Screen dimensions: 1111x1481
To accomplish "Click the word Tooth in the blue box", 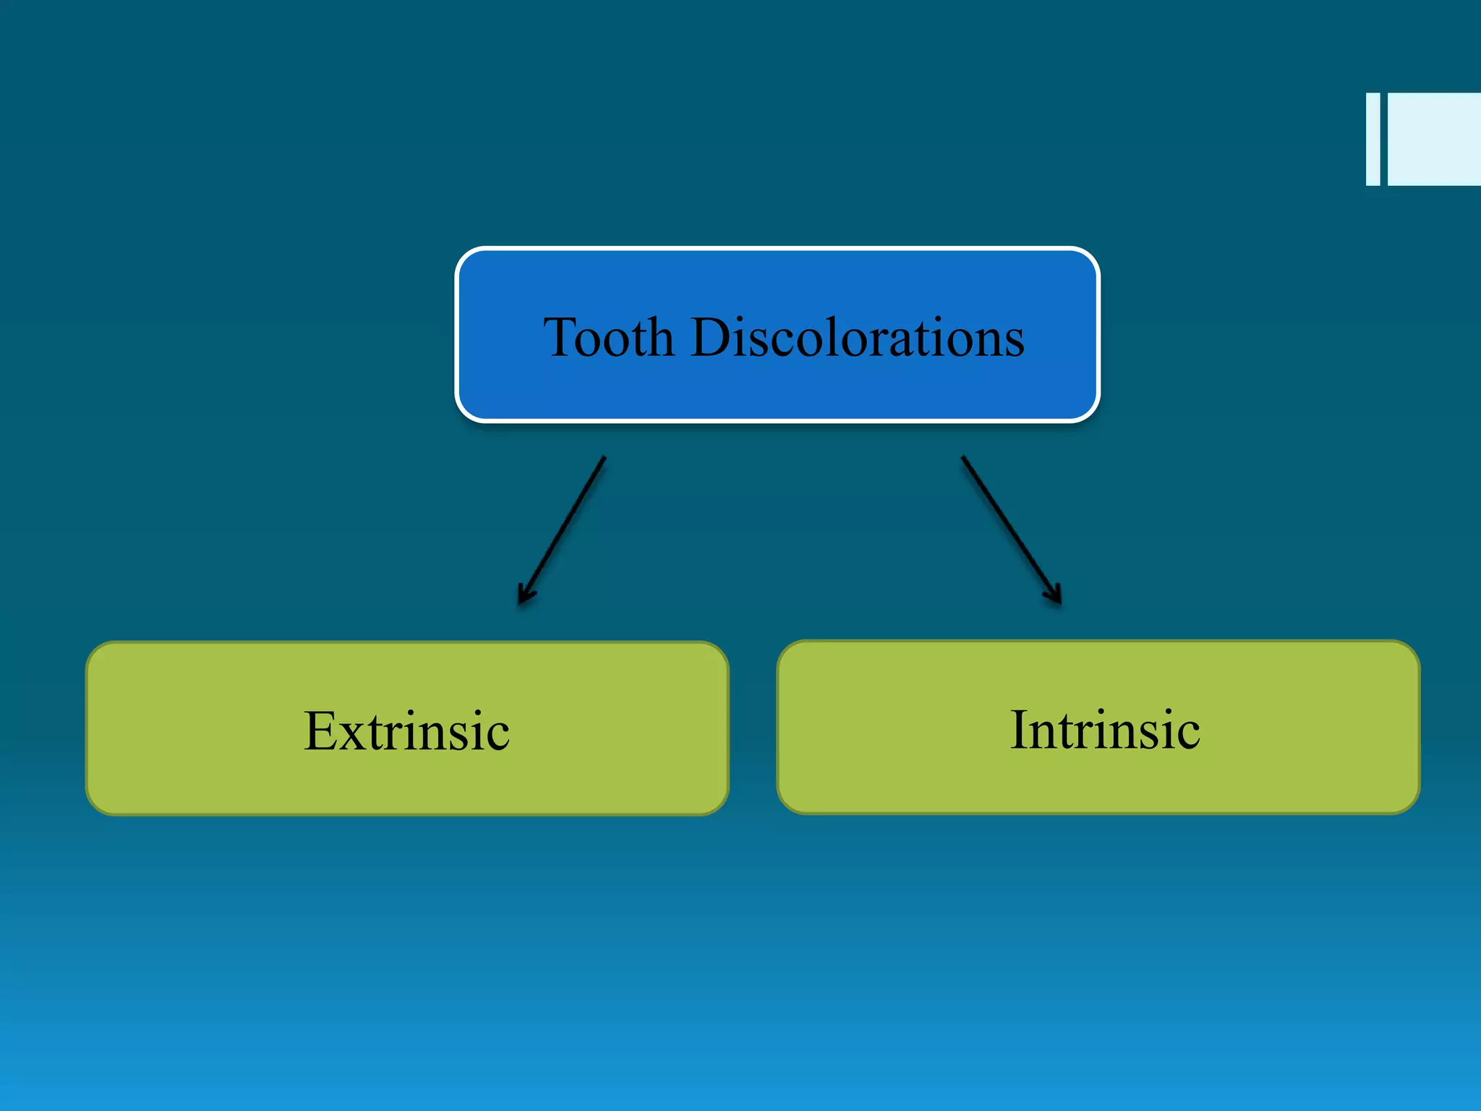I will click(609, 337).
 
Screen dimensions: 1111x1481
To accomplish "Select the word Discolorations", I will click(858, 337).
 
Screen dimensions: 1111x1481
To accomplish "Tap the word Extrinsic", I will click(406, 731).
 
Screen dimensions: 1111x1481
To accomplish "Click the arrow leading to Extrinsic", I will click(563, 529).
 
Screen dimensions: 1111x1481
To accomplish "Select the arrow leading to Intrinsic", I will click(1011, 529).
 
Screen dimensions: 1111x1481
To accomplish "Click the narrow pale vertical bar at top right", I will click(1373, 139).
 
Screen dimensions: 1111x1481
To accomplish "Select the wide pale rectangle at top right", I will click(1434, 139).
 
